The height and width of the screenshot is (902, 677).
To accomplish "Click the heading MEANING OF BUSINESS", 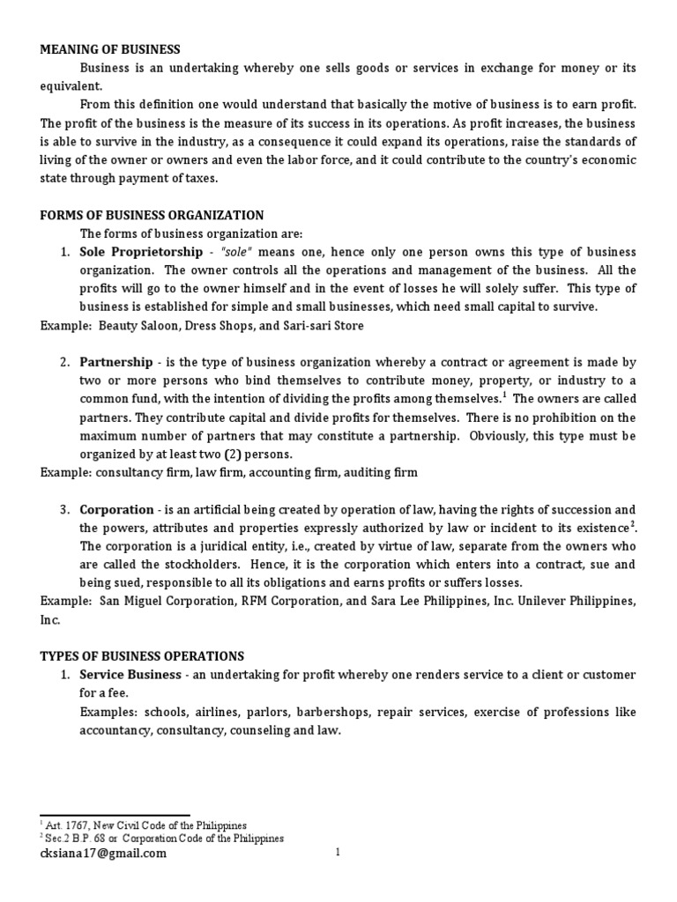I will click(x=110, y=49).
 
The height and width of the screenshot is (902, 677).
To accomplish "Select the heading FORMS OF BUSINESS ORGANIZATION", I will click(x=152, y=215).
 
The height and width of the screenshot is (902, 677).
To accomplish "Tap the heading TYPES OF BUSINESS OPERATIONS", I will click(x=142, y=656).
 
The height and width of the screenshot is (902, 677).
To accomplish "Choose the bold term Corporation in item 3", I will click(x=116, y=509).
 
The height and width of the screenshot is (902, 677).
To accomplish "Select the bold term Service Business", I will click(x=126, y=675).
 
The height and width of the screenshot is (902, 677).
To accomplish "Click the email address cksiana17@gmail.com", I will click(x=102, y=853).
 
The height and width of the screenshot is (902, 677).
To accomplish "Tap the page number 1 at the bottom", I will click(x=338, y=853).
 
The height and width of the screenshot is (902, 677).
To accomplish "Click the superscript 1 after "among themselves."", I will click(x=504, y=396).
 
